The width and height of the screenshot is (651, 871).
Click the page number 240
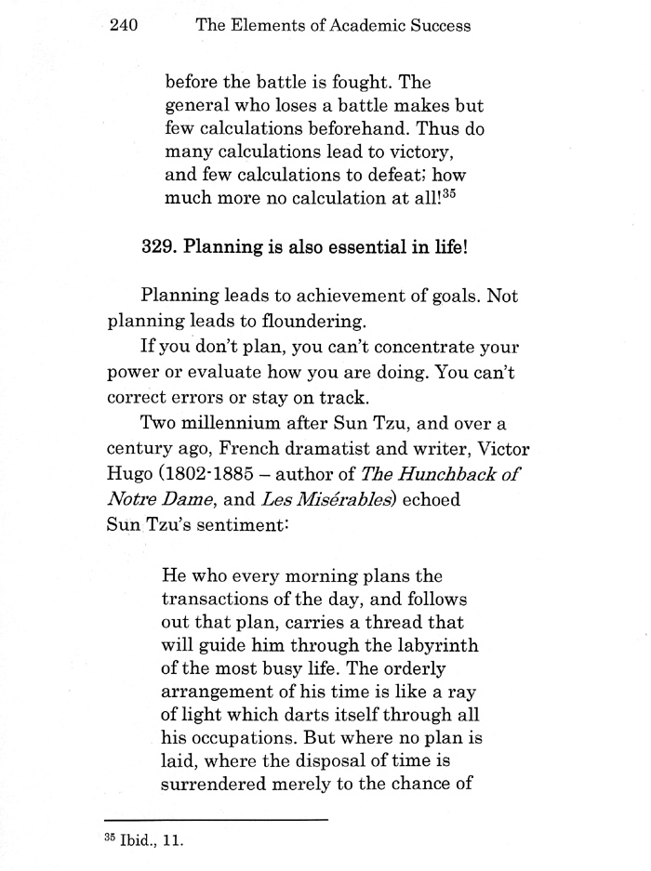[123, 26]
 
